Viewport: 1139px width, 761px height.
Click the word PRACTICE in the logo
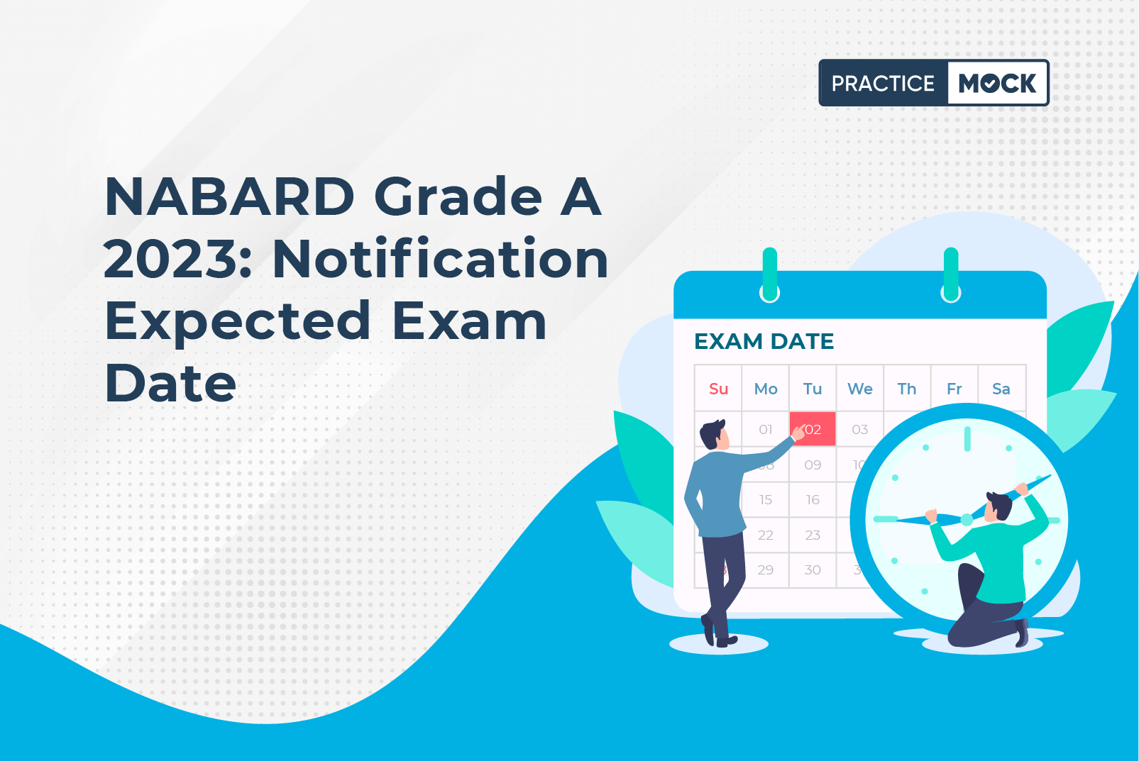pyautogui.click(x=883, y=84)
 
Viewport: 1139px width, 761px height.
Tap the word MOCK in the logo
pyautogui.click(x=997, y=84)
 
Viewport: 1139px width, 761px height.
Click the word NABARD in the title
pyautogui.click(x=229, y=197)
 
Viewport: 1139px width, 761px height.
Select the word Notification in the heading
pyautogui.click(x=440, y=259)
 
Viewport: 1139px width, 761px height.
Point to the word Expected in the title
pyautogui.click(x=238, y=321)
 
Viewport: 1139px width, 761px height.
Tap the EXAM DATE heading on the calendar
pyautogui.click(x=764, y=341)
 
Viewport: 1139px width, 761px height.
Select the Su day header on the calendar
pyautogui.click(x=718, y=389)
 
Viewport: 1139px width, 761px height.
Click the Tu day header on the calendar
pyautogui.click(x=813, y=389)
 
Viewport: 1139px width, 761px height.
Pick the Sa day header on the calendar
pyautogui.click(x=1001, y=389)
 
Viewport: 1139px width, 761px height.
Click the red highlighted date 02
pyautogui.click(x=813, y=429)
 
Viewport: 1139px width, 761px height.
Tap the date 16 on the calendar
pyautogui.click(x=813, y=499)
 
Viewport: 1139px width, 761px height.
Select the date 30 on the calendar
pyautogui.click(x=813, y=570)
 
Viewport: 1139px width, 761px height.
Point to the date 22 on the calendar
pyautogui.click(x=765, y=535)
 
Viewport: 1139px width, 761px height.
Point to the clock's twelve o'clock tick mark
pyautogui.click(x=967, y=438)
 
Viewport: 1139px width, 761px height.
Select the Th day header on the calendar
pyautogui.click(x=906, y=389)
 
